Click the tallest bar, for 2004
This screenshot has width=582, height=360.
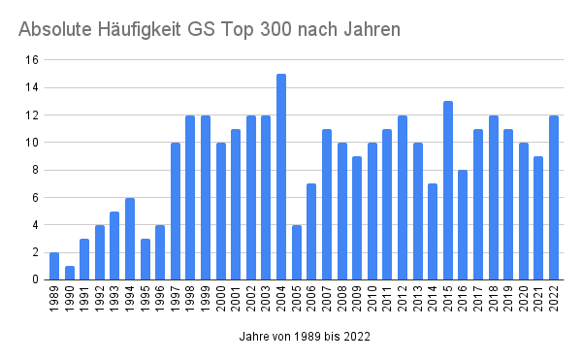281,177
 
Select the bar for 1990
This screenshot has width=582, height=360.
70,273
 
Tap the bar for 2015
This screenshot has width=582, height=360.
448,190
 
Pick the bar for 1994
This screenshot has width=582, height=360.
130,239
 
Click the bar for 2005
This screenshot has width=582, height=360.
297,252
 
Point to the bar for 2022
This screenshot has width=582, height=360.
554,197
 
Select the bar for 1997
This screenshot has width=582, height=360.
176,212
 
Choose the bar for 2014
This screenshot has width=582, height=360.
433,232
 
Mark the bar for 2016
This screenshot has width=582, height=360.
463,225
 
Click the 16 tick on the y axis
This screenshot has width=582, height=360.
32,60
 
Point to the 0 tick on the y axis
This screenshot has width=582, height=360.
35,279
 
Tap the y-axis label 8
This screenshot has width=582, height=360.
35,170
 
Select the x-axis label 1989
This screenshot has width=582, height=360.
54,299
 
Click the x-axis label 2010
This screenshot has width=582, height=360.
372,299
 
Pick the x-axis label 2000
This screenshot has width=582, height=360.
221,299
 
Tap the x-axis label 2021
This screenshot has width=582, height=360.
538,299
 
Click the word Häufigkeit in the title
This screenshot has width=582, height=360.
139,29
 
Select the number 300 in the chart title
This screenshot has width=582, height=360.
275,29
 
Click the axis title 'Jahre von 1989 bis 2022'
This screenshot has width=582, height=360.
305,337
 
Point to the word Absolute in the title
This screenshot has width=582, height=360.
55,29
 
